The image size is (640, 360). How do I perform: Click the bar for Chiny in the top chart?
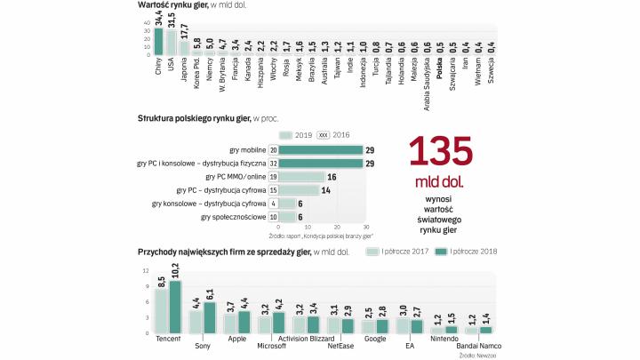coord(158,41)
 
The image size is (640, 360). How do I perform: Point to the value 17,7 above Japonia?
coord(184,29)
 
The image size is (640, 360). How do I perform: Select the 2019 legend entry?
coord(292,134)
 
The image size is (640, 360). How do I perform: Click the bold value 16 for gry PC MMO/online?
coord(332,177)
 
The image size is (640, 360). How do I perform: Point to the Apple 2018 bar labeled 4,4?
coord(244,322)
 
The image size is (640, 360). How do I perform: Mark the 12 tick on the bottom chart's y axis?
coord(146,270)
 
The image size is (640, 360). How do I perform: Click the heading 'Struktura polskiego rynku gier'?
coord(191,117)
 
